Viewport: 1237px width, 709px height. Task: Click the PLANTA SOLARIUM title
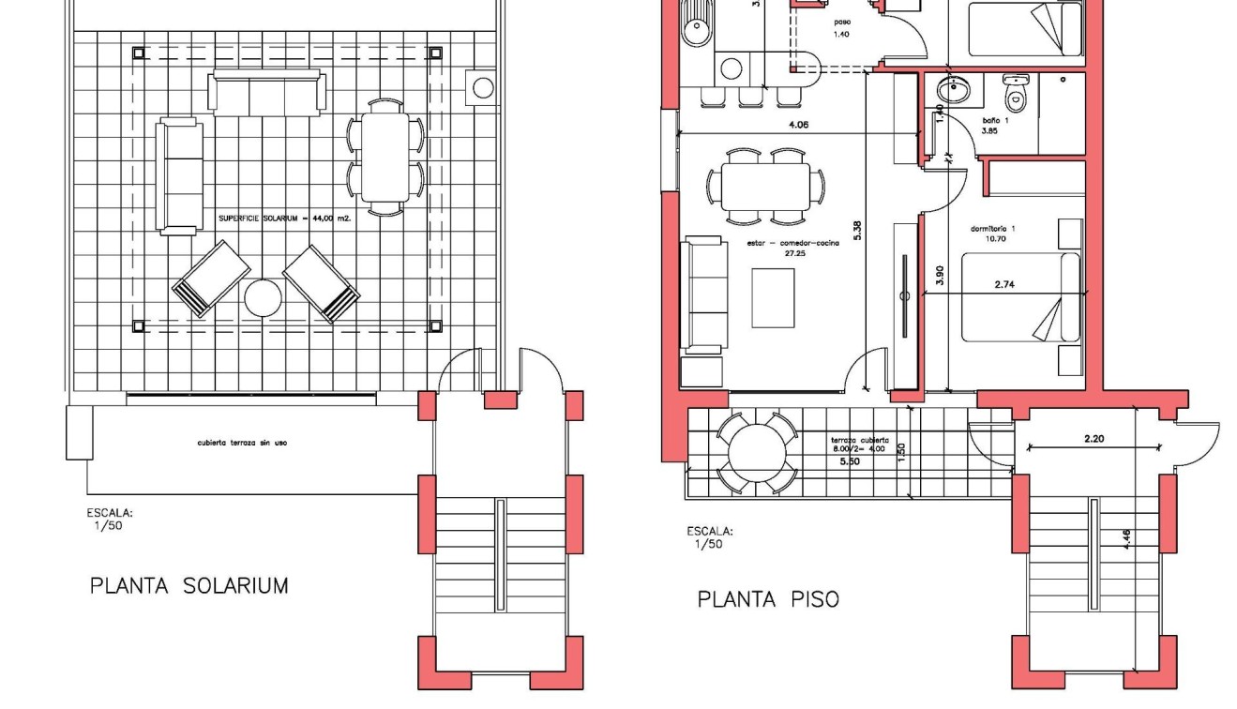click(x=189, y=586)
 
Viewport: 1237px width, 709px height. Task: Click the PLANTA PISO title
click(x=768, y=599)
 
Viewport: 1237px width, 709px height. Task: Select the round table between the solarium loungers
click(x=264, y=299)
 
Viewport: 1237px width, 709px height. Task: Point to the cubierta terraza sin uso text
click(x=242, y=442)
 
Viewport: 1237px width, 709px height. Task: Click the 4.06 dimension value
click(x=798, y=125)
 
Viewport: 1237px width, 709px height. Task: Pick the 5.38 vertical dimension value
click(x=857, y=232)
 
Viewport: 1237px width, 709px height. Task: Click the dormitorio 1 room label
click(x=993, y=234)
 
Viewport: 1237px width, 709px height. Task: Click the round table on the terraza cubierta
click(x=757, y=452)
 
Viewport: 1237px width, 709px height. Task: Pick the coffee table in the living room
click(x=773, y=298)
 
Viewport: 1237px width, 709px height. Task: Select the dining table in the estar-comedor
click(x=765, y=186)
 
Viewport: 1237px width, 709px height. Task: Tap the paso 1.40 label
click(x=840, y=28)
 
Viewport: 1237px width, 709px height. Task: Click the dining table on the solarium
click(x=385, y=157)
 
